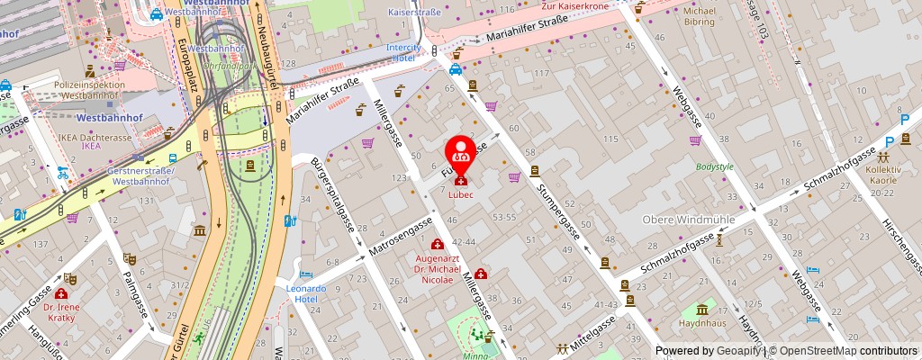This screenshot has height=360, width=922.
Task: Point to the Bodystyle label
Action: (x=715, y=167)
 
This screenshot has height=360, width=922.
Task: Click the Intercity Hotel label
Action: (x=403, y=52)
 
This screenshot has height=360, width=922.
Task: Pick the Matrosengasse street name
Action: (x=394, y=238)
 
